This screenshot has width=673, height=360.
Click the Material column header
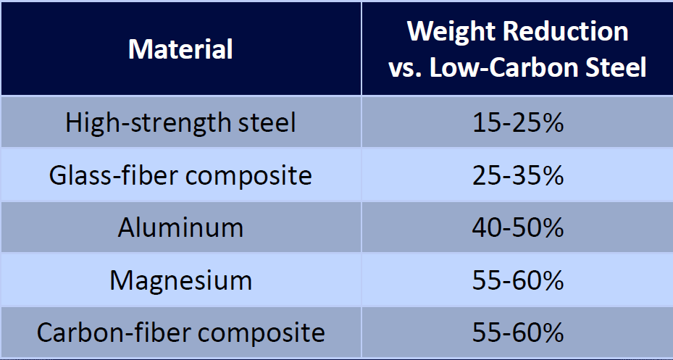pyautogui.click(x=180, y=49)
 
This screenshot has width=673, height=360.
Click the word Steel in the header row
pyautogui.click(x=614, y=67)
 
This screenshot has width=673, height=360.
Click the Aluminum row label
pyautogui.click(x=180, y=227)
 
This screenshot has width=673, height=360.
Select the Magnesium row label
pyautogui.click(x=180, y=280)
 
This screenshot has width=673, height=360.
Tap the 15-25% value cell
pyautogui.click(x=517, y=122)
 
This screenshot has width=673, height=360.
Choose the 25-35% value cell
pyautogui.click(x=517, y=175)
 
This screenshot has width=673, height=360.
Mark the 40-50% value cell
pyautogui.click(x=517, y=227)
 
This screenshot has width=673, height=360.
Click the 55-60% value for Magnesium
pyautogui.click(x=517, y=280)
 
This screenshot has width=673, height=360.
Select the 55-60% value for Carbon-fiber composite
pyautogui.click(x=517, y=332)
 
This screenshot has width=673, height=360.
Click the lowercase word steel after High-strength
pyautogui.click(x=267, y=122)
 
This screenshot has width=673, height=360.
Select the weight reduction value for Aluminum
pyautogui.click(x=517, y=227)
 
